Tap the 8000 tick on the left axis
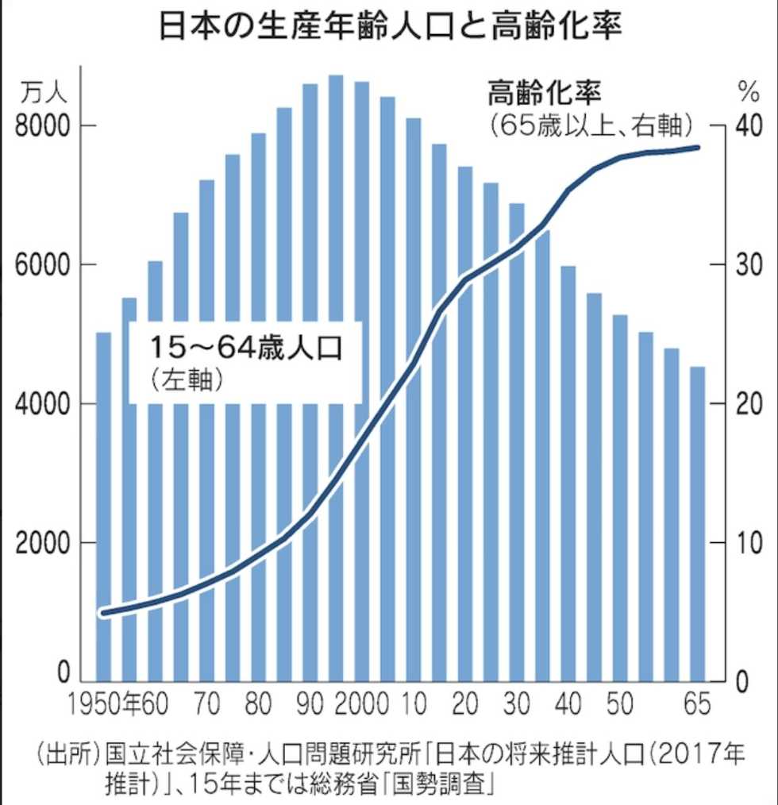tap(46, 126)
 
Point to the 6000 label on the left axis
tap(46, 265)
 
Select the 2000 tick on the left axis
tap(46, 543)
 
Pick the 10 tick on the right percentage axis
tap(745, 543)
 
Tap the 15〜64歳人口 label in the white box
tap(246, 348)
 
